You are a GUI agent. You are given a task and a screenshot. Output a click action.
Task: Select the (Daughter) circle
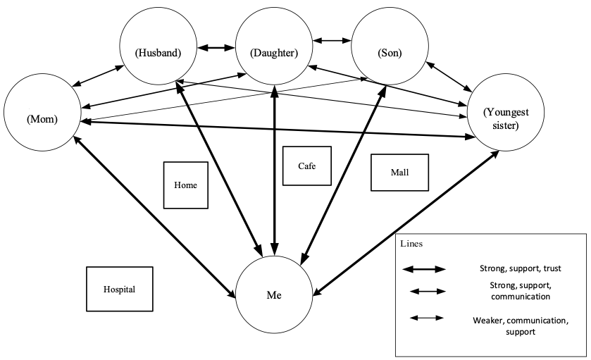point(274,52)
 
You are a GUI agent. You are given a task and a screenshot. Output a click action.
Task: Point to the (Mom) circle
point(42,117)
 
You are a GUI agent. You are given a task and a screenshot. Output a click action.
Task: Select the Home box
point(186,185)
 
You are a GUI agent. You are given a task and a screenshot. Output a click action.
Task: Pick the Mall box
point(399,173)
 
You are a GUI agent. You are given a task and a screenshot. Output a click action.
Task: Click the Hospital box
point(119,289)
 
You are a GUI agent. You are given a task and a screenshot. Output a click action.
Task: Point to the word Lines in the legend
point(411,243)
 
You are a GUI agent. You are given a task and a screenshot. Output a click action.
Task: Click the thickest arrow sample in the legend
point(424,268)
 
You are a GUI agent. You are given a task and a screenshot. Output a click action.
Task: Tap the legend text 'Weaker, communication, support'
point(520,325)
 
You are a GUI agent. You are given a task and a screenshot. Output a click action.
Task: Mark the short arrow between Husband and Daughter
point(216,48)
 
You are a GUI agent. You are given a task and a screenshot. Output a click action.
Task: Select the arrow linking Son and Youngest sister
point(448,76)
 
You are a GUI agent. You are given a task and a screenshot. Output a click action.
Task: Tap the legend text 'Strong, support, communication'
point(518,290)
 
